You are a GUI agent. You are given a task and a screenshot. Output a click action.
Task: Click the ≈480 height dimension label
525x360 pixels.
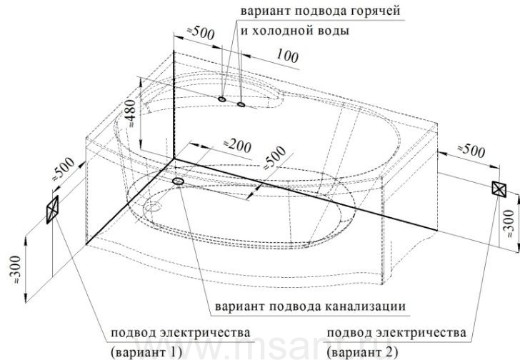click(132, 114)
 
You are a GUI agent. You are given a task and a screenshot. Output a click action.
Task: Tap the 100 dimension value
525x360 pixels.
click(287, 56)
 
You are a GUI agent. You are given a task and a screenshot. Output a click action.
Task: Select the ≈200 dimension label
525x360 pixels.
click(237, 146)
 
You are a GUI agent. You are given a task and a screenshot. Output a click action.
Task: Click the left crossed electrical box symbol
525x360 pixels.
click(53, 209)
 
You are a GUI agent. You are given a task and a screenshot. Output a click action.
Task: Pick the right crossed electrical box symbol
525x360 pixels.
click(499, 188)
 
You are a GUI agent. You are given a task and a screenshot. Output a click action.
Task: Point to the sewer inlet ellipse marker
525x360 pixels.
click(178, 181)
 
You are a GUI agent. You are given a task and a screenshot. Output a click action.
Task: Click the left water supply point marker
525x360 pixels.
click(221, 99)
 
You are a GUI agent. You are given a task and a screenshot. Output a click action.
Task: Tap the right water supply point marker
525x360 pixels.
click(241, 104)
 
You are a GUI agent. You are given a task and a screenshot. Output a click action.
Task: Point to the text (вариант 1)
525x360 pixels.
click(146, 352)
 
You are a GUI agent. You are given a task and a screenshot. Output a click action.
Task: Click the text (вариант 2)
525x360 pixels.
click(363, 352)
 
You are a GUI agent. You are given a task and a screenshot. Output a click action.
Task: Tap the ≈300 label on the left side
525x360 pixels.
click(16, 270)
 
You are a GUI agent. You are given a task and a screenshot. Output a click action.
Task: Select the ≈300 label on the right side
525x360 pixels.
click(509, 224)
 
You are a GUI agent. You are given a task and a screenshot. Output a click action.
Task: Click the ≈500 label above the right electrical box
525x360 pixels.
click(471, 151)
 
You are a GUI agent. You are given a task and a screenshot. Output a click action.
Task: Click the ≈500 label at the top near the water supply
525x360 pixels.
click(200, 32)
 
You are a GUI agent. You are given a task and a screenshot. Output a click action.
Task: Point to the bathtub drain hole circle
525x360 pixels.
click(154, 207)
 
